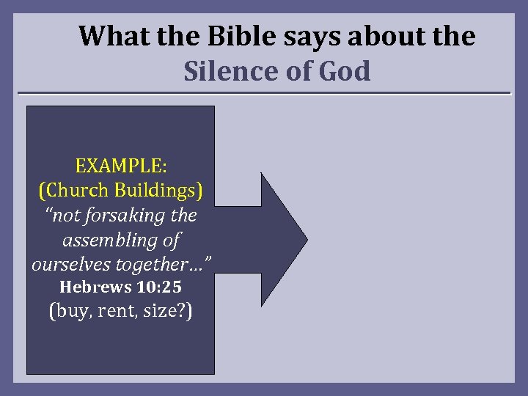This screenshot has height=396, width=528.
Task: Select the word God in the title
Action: (x=345, y=72)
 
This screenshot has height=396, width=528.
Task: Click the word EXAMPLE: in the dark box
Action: (x=121, y=166)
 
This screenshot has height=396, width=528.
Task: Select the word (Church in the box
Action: (x=76, y=190)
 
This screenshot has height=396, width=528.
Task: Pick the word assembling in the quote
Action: (x=111, y=240)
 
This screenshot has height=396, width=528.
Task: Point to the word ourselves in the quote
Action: (x=67, y=264)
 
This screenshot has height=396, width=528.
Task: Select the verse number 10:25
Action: (x=155, y=287)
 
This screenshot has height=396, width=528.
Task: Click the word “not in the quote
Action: (x=61, y=216)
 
